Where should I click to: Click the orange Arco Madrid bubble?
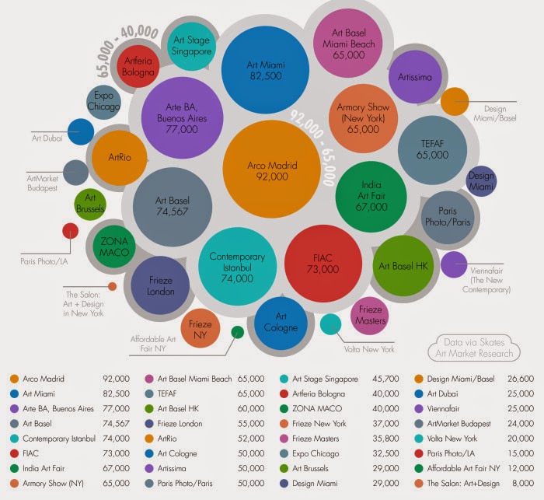pyautogui.click(x=271, y=169)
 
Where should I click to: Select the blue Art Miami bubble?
pyautogui.click(x=266, y=70)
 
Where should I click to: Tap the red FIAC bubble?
pyautogui.click(x=323, y=264)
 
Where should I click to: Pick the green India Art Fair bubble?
pyautogui.click(x=371, y=196)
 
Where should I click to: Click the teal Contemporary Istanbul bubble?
pyautogui.click(x=237, y=267)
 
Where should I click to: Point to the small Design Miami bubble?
pyautogui.click(x=481, y=181)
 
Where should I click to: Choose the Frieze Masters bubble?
pyautogui.click(x=370, y=316)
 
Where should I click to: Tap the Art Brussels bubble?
pyautogui.click(x=90, y=205)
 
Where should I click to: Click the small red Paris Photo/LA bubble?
pyautogui.click(x=71, y=231)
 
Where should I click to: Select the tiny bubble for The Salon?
pyautogui.click(x=112, y=286)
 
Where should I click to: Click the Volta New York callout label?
pyautogui.click(x=369, y=349)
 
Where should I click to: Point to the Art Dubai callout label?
pyautogui.click(x=47, y=138)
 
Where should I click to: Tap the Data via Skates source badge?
pyautogui.click(x=474, y=348)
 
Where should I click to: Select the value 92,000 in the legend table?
pyautogui.click(x=117, y=379)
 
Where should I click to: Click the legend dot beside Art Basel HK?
pyautogui.click(x=149, y=409)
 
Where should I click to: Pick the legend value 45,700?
pyautogui.click(x=385, y=379)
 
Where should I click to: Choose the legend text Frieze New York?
pyautogui.click(x=319, y=424)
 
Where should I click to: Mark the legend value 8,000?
pyautogui.click(x=523, y=483)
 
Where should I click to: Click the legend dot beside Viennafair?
pyautogui.click(x=419, y=409)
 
